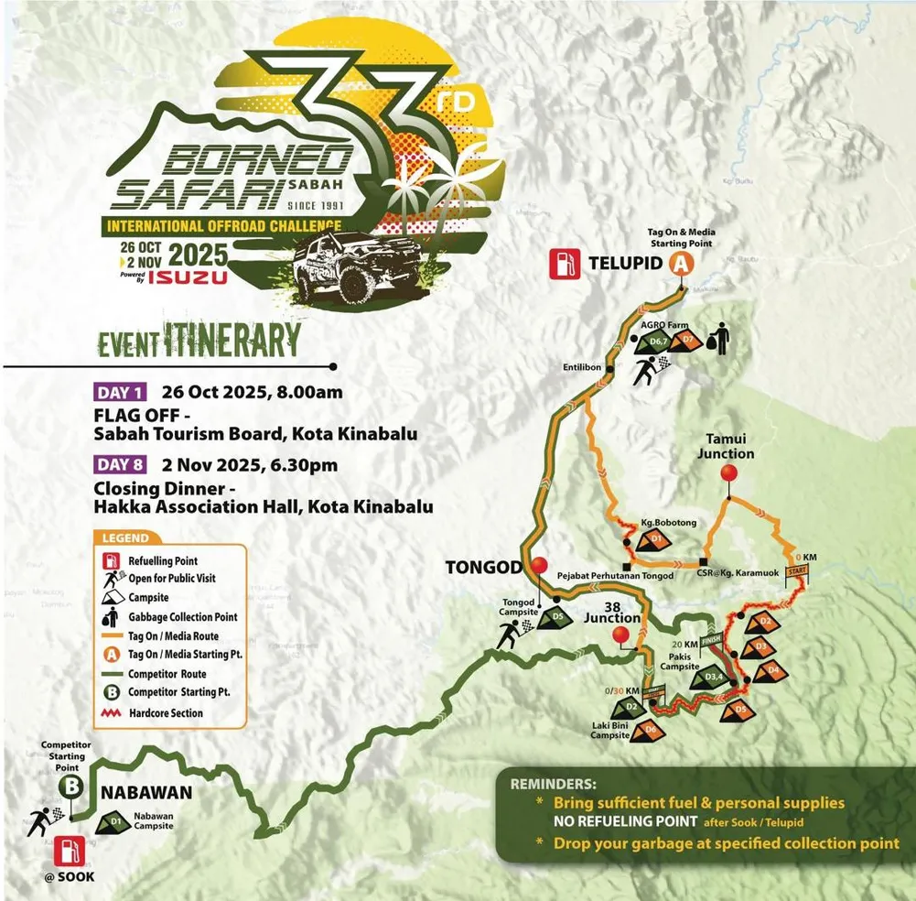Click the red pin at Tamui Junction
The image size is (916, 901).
pos(729,473)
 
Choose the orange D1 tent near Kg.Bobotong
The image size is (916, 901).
pos(655,540)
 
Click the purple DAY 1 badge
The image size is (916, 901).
pos(120,394)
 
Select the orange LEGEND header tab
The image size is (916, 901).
pos(126,538)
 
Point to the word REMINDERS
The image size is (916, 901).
pos(552,785)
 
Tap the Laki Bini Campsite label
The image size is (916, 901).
pos(610,730)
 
